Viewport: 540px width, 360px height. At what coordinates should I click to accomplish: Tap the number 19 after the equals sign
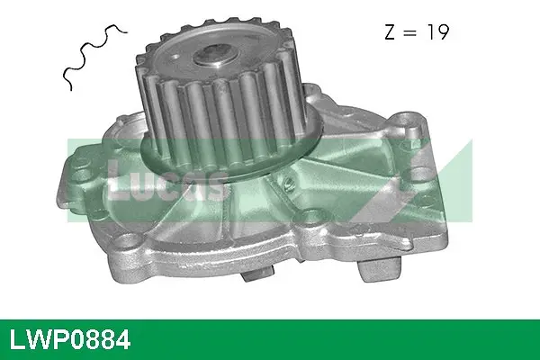pyautogui.click(x=438, y=33)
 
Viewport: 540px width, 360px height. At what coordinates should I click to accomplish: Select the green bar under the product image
pyautogui.click(x=270, y=339)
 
